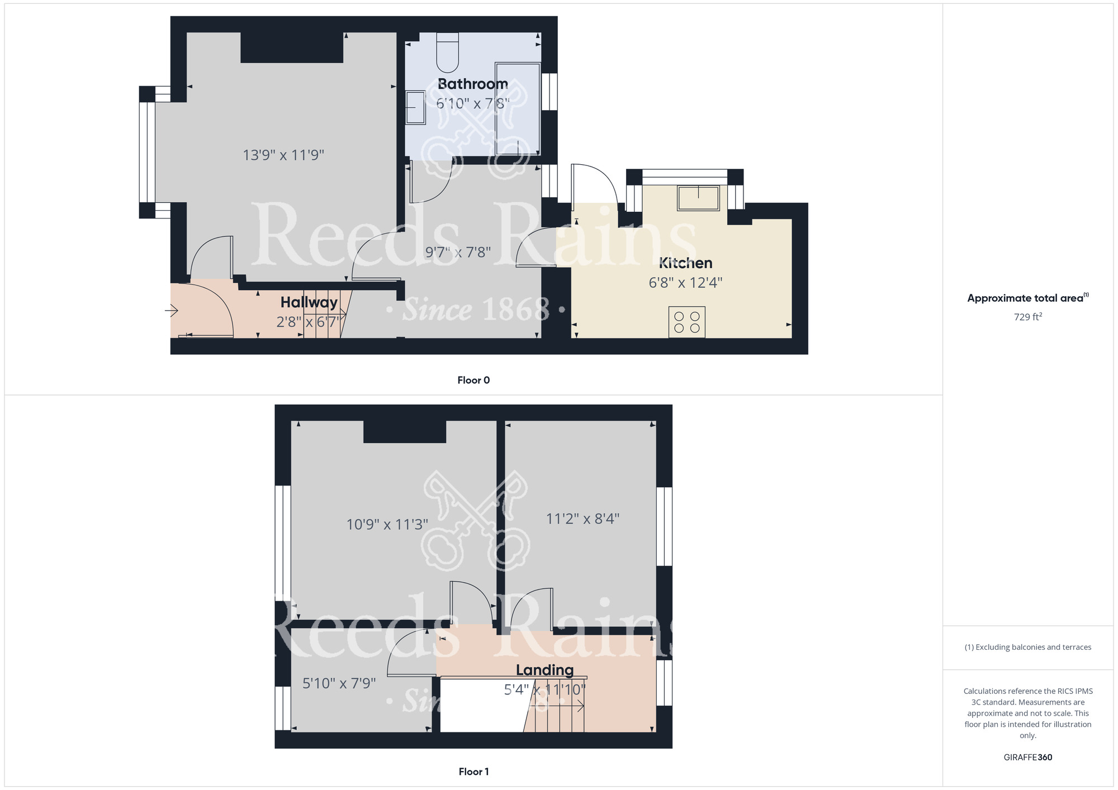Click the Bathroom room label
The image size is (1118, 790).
pyautogui.click(x=472, y=84)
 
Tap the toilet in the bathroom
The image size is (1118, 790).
pyautogui.click(x=447, y=53)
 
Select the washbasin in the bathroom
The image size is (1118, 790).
pyautogui.click(x=415, y=107)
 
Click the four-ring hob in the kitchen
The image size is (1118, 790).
pyautogui.click(x=686, y=322)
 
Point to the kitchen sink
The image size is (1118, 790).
pyautogui.click(x=698, y=198)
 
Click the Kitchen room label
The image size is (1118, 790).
pyautogui.click(x=685, y=263)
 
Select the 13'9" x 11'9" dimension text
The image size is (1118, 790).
pyautogui.click(x=283, y=155)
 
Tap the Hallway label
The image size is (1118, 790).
pyautogui.click(x=309, y=302)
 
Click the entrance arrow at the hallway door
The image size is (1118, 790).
pyautogui.click(x=172, y=310)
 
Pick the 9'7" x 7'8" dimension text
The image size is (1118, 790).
pyautogui.click(x=458, y=253)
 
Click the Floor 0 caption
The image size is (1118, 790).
pyautogui.click(x=473, y=380)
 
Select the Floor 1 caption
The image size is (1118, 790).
pyautogui.click(x=473, y=772)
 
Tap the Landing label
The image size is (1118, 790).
pyautogui.click(x=544, y=670)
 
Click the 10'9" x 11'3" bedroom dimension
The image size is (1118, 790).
pyautogui.click(x=387, y=525)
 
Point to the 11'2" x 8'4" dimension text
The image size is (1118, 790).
pyautogui.click(x=582, y=519)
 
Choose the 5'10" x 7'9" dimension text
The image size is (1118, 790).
pyautogui.click(x=339, y=683)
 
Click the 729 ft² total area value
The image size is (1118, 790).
pyautogui.click(x=1028, y=317)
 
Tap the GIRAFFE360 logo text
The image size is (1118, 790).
pyautogui.click(x=1028, y=758)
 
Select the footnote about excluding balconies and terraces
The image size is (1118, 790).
pyautogui.click(x=1028, y=647)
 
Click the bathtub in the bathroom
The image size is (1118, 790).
pyautogui.click(x=518, y=109)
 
